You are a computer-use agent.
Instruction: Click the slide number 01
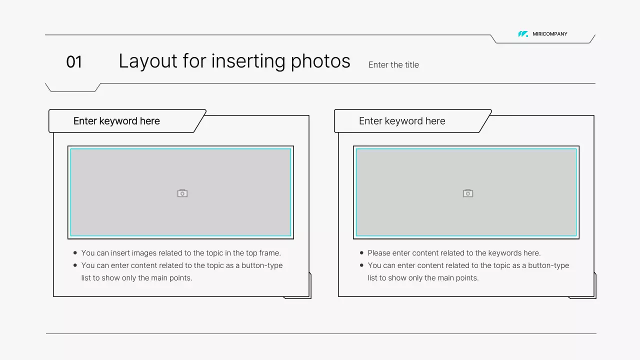[74, 61]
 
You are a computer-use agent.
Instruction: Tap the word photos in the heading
[320, 61]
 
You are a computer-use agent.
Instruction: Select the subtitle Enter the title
[393, 65]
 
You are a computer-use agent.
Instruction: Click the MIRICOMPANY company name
[549, 34]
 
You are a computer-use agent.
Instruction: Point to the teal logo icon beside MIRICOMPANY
[523, 34]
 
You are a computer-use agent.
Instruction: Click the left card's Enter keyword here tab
[116, 121]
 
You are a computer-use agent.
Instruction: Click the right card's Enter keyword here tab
[402, 121]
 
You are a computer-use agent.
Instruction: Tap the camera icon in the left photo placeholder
[182, 193]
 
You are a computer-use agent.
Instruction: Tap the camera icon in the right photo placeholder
[467, 193]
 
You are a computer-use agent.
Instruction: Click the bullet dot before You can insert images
[75, 253]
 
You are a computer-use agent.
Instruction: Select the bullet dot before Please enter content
[361, 253]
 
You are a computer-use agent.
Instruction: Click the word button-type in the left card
[262, 265]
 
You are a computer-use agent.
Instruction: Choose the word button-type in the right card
[548, 265]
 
